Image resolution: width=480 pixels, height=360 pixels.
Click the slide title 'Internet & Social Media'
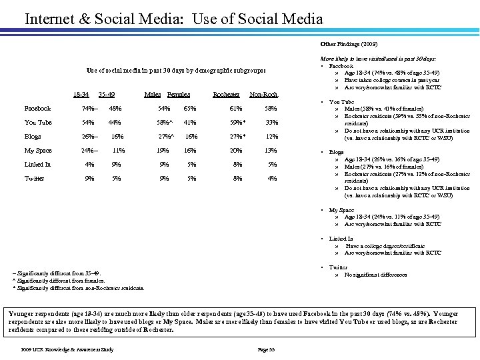point(173,19)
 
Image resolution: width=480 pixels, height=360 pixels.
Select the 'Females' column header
point(179,95)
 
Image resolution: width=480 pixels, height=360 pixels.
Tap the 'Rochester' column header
point(226,95)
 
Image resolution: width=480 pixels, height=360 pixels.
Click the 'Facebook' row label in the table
point(37,109)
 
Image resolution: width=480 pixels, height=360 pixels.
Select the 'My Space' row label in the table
point(38,151)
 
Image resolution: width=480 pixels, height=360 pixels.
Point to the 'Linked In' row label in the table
point(37,165)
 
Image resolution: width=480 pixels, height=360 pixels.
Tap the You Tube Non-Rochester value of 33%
point(271,123)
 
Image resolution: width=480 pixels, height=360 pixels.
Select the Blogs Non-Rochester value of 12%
point(271,137)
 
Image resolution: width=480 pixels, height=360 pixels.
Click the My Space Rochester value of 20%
point(235,151)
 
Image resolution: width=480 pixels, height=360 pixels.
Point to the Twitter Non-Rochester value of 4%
point(272,179)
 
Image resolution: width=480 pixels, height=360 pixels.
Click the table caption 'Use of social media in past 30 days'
point(176,70)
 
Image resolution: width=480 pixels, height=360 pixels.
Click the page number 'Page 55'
point(267,349)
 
